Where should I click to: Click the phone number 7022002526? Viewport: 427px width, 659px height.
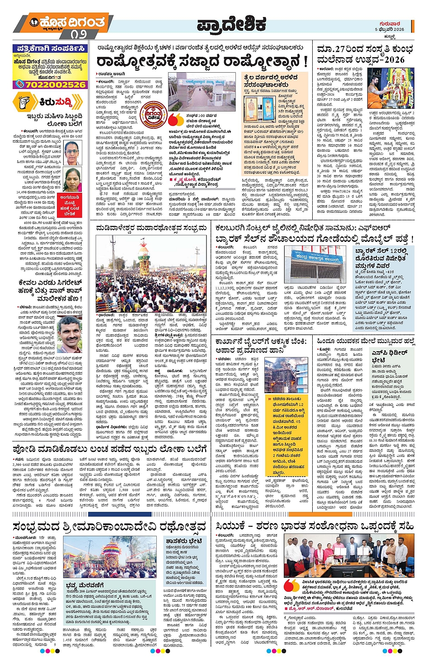point(50,84)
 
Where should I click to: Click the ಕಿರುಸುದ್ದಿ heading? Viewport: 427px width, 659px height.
point(54,102)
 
